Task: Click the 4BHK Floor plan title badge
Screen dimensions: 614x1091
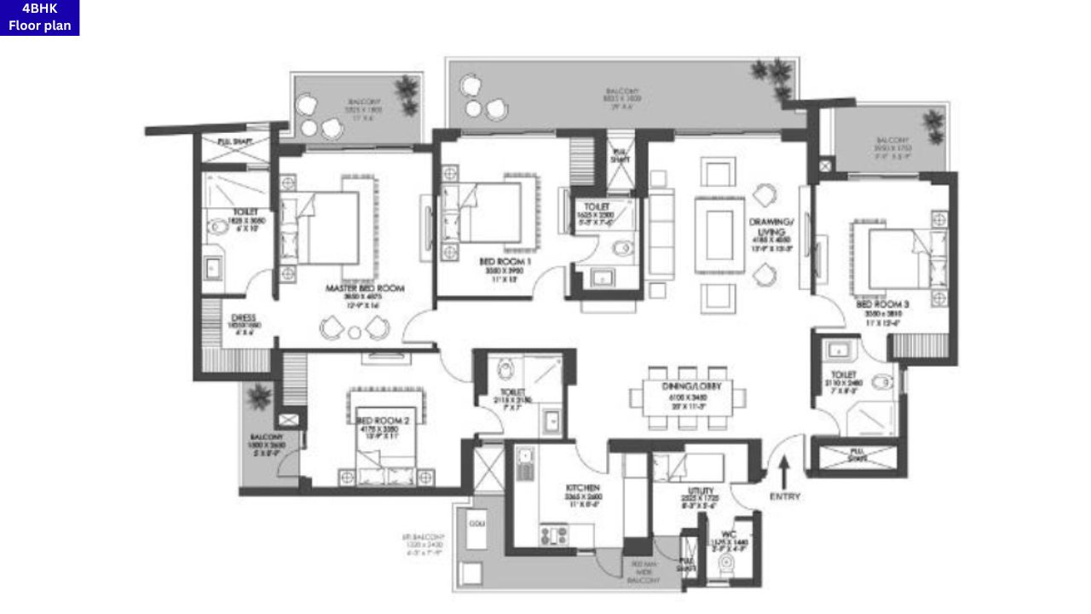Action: (x=39, y=18)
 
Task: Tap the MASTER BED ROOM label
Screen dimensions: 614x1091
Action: (x=365, y=289)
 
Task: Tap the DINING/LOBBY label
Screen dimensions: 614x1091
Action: (x=687, y=386)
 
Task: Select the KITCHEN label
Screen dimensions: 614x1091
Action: (x=584, y=489)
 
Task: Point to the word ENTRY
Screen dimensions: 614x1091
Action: (x=784, y=496)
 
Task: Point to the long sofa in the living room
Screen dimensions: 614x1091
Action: (x=660, y=235)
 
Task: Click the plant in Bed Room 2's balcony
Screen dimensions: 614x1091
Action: (x=257, y=397)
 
